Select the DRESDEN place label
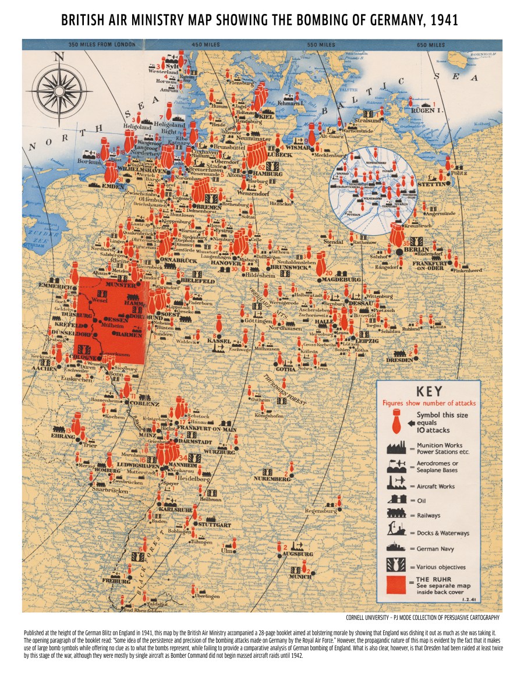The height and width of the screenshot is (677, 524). coord(399,360)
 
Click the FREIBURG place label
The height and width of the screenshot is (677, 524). coord(116,581)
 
